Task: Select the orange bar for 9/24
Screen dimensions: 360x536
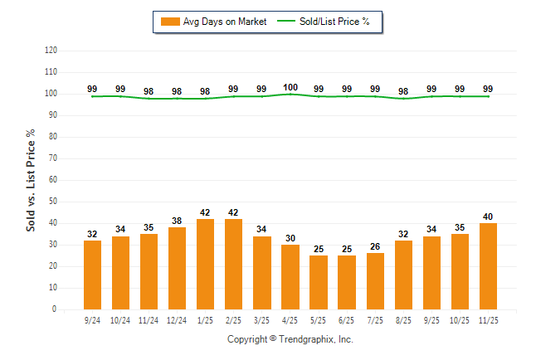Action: [92, 275]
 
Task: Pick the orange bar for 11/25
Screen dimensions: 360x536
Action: [488, 266]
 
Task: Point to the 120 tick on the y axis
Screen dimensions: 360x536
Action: [51, 51]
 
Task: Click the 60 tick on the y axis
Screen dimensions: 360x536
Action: [53, 180]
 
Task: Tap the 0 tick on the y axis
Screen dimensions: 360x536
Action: [55, 309]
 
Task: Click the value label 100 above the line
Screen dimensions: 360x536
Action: [290, 87]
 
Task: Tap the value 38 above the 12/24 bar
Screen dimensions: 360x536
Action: [177, 221]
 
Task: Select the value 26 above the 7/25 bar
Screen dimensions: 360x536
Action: [375, 247]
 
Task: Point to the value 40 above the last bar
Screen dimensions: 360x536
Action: [488, 216]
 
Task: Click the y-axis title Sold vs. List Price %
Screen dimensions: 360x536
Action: [32, 180]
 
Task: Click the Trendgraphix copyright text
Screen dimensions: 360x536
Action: [290, 339]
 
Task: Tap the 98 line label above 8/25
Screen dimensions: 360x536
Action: [403, 91]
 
